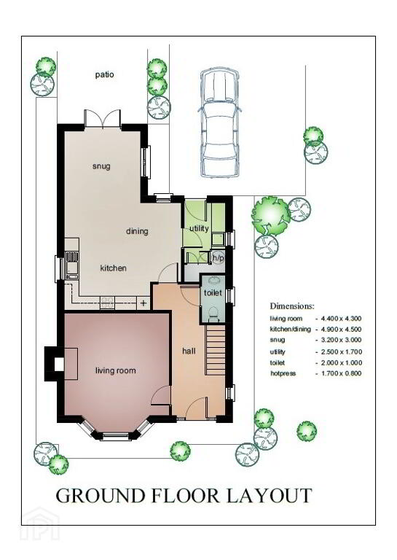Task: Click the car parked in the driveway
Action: coord(219,122)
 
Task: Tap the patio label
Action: coord(104,74)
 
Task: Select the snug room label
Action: coord(101,166)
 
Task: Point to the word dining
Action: coord(137,231)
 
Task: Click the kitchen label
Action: coord(113,268)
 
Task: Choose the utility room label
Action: coord(199,228)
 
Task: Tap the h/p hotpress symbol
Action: coord(218,257)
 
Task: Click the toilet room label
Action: coord(213,293)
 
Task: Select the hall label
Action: coord(189,351)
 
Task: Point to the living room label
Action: coord(116,370)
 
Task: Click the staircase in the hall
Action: coord(216,350)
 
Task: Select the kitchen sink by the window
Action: coord(71,265)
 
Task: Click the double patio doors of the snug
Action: coord(103,119)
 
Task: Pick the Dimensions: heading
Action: coord(292,306)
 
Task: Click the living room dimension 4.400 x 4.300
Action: coord(342,319)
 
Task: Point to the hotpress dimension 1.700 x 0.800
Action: coord(342,373)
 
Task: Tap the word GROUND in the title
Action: coord(101,496)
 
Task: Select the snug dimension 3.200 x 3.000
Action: coord(342,340)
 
